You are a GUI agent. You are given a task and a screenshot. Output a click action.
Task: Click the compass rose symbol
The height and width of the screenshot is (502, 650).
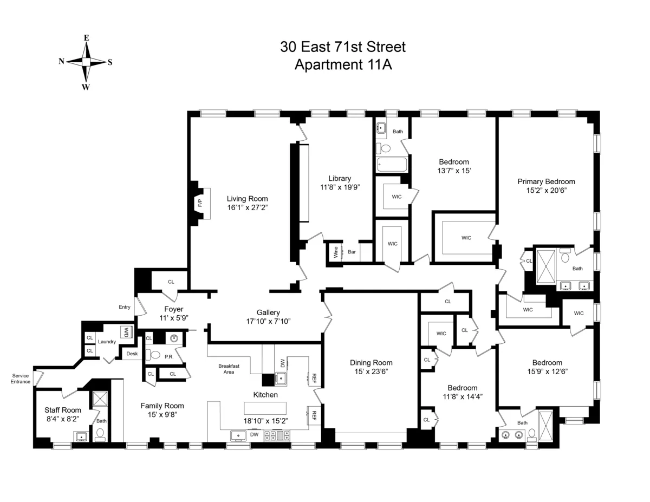(x=86, y=62)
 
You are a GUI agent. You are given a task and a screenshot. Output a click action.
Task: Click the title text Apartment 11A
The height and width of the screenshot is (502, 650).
(x=342, y=65)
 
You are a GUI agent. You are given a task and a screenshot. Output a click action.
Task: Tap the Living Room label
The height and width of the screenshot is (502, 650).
(x=247, y=199)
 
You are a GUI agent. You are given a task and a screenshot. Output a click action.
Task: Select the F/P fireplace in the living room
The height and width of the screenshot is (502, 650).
(x=199, y=204)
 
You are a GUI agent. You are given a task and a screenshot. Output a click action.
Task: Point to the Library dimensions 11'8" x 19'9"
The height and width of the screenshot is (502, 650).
(x=340, y=187)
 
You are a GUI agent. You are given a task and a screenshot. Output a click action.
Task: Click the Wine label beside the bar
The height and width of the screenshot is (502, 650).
(x=336, y=252)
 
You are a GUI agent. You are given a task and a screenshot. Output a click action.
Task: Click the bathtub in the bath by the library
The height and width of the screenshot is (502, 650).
(x=389, y=165)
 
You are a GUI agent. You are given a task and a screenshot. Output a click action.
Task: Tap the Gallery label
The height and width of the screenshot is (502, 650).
(x=268, y=312)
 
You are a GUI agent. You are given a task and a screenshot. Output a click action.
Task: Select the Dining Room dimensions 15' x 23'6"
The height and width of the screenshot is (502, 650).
(x=370, y=372)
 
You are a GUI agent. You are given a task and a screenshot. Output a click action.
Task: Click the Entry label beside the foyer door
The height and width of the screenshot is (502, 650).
(x=125, y=307)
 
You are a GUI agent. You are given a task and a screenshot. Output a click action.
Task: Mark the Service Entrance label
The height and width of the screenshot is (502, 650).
(x=21, y=379)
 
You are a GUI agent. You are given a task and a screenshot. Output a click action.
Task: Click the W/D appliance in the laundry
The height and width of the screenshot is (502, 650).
(x=126, y=332)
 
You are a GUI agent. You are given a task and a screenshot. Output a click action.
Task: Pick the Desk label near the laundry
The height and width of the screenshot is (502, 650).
(x=132, y=354)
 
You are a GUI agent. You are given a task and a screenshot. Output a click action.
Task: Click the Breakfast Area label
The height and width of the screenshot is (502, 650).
(x=229, y=369)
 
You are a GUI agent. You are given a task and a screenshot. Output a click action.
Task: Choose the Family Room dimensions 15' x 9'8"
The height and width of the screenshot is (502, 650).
(x=162, y=415)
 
